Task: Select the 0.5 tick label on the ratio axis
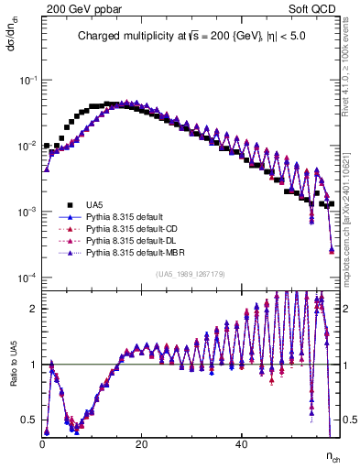pos(30,420)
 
